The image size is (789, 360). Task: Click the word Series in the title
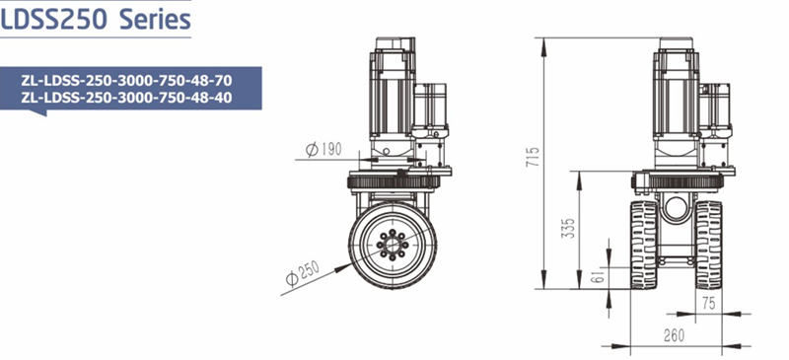click(156, 20)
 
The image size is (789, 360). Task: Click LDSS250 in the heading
click(54, 20)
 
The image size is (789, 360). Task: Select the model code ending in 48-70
click(127, 81)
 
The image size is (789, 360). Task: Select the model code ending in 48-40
click(127, 98)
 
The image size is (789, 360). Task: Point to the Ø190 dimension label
click(323, 149)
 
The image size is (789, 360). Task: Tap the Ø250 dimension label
click(303, 274)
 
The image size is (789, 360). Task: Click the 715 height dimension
click(534, 157)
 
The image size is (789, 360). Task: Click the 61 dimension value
click(598, 276)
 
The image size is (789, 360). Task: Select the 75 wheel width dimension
click(708, 304)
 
